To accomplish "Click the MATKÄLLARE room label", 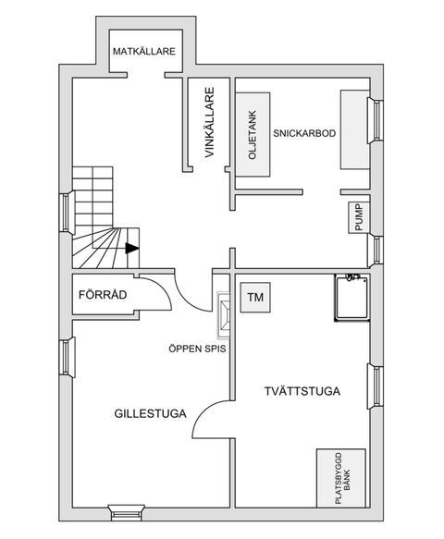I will click(x=144, y=51).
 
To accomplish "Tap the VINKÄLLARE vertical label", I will click(x=210, y=126).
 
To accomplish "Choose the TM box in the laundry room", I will click(x=255, y=299).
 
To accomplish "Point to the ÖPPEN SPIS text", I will click(x=197, y=349).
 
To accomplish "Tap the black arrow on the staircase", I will click(x=131, y=248).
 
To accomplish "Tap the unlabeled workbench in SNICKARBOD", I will click(x=354, y=129).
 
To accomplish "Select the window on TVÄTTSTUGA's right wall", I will click(x=376, y=386).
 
